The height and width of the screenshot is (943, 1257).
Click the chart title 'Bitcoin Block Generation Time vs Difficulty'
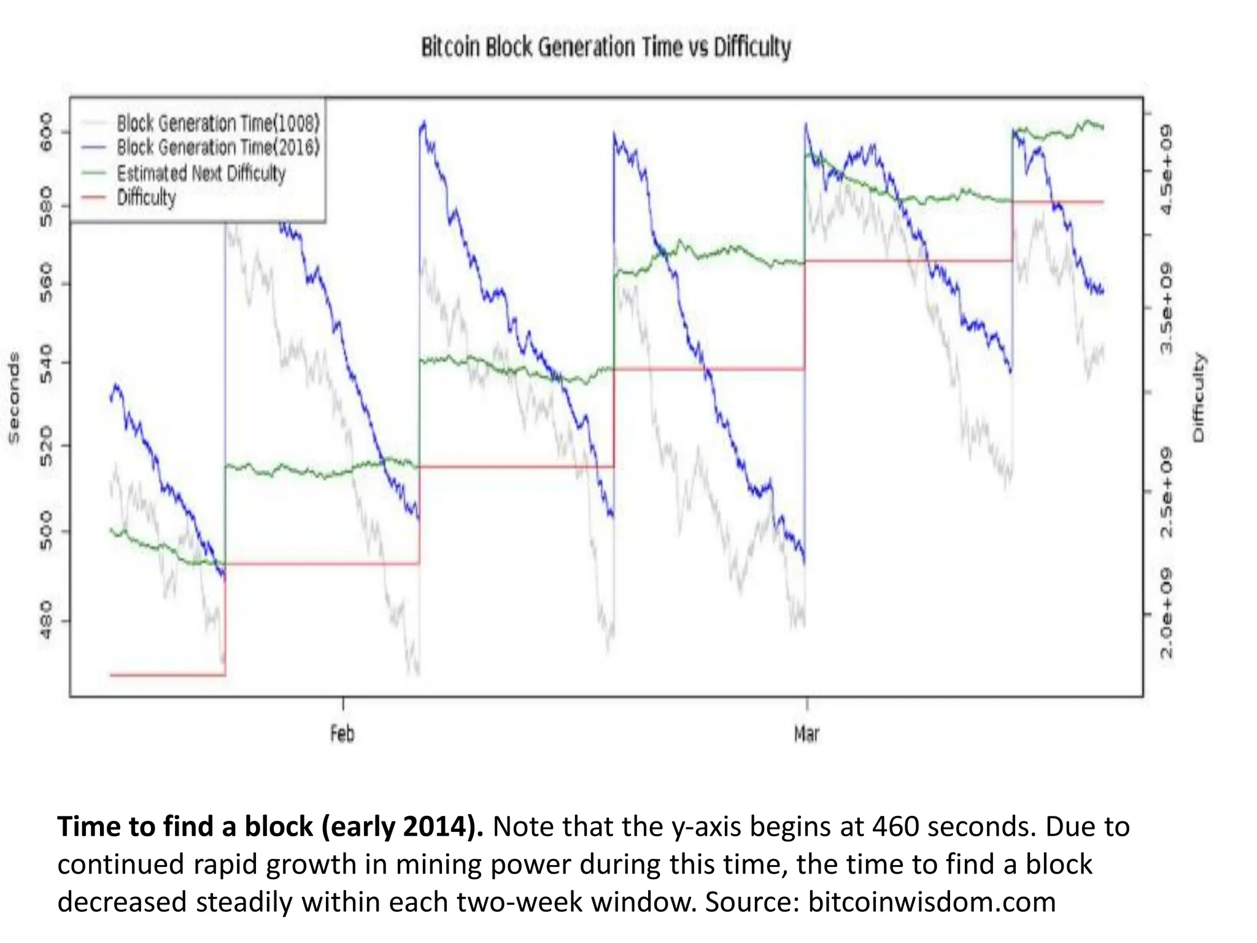click(606, 47)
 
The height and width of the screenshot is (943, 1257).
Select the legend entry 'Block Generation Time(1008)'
click(218, 123)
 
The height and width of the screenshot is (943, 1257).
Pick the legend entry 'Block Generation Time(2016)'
click(218, 147)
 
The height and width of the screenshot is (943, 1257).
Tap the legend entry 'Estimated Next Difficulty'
click(201, 173)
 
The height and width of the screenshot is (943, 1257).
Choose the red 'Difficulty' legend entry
click(146, 198)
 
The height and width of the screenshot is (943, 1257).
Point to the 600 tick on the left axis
click(46, 132)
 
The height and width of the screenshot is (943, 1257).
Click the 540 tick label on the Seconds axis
click(46, 363)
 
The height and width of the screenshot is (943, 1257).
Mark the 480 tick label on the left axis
click(46, 620)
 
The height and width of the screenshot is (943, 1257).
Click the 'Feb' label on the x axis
click(342, 734)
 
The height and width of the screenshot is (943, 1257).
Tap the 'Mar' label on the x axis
click(806, 734)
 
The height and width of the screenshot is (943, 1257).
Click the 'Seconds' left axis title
click(14, 397)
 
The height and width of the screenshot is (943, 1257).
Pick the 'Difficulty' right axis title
click(1198, 397)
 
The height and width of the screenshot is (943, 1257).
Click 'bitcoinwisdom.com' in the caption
click(932, 902)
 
